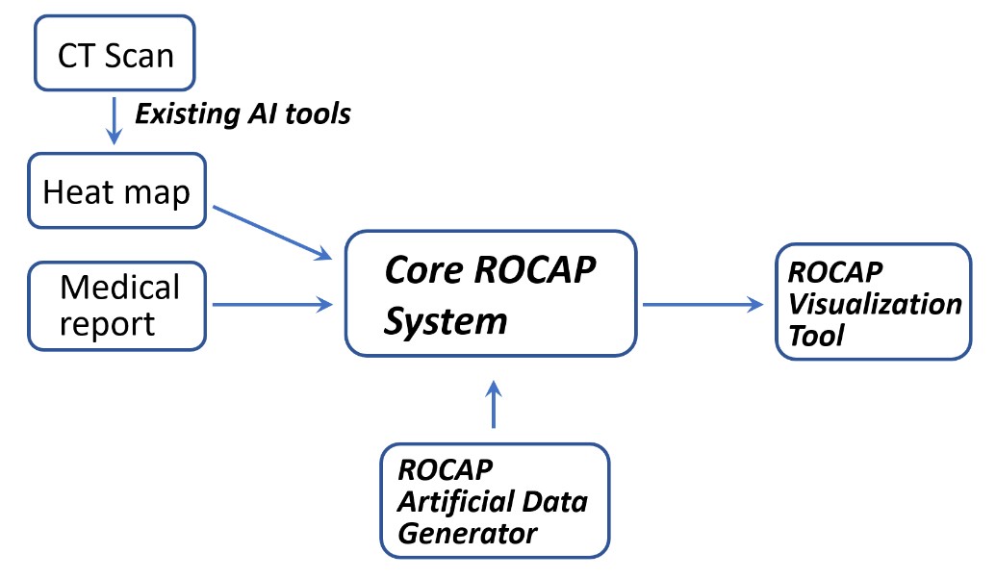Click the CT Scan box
pyautogui.click(x=115, y=54)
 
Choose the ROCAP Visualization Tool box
pyautogui.click(x=873, y=302)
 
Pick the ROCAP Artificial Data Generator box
pyautogui.click(x=495, y=500)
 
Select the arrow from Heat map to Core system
pyautogui.click(x=271, y=232)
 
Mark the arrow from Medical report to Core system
pyautogui.click(x=271, y=305)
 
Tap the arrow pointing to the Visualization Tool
pyautogui.click(x=703, y=305)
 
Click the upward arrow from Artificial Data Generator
pyautogui.click(x=495, y=403)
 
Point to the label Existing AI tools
pyautogui.click(x=243, y=115)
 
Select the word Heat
pyautogui.click(x=76, y=191)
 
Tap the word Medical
pyautogui.click(x=119, y=287)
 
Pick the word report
pyautogui.click(x=108, y=323)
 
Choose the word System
pyautogui.click(x=445, y=320)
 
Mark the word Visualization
pyautogui.click(x=875, y=304)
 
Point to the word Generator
pyautogui.click(x=468, y=532)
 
